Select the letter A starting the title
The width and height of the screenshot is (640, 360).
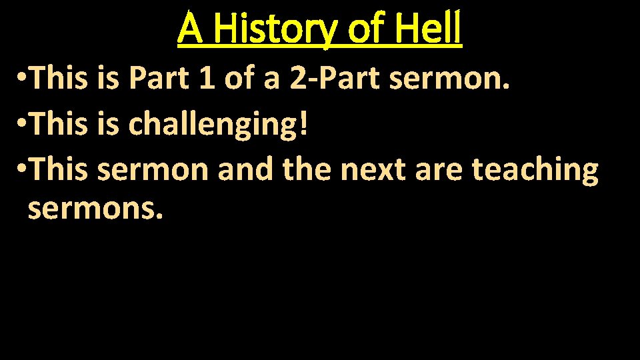click(190, 30)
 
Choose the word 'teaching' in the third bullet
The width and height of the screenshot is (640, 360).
click(535, 170)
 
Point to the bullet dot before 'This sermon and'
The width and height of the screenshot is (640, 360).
click(23, 171)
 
